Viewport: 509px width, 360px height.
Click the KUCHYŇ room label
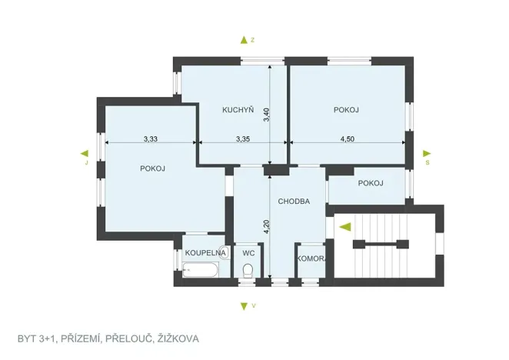(238, 110)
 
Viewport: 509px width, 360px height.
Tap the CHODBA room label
(294, 201)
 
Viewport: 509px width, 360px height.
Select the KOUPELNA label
(205, 252)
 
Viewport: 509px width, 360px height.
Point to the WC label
(248, 252)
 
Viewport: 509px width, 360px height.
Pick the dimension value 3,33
(151, 139)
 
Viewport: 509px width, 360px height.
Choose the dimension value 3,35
(243, 139)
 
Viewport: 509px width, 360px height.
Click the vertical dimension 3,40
(266, 115)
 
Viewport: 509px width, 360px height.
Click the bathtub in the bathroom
(201, 270)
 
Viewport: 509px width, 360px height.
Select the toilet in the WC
(248, 269)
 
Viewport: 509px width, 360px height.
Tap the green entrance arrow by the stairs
(345, 226)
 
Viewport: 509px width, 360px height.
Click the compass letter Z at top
(252, 38)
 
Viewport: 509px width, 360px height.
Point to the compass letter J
(87, 163)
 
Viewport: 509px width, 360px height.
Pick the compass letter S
(427, 163)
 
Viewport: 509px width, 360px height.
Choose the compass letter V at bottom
(253, 306)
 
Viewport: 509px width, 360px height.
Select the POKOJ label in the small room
(371, 183)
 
